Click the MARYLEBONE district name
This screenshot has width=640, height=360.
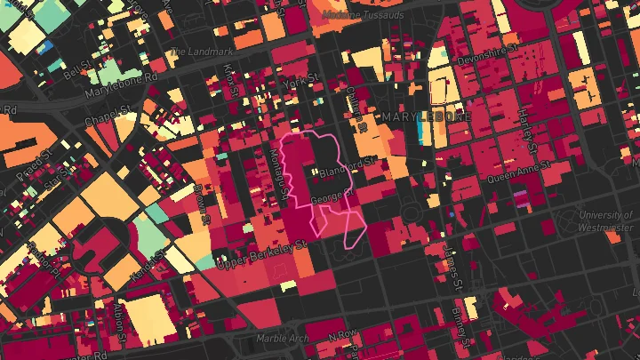coord(426,116)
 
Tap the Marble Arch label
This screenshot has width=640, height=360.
coord(282,338)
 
